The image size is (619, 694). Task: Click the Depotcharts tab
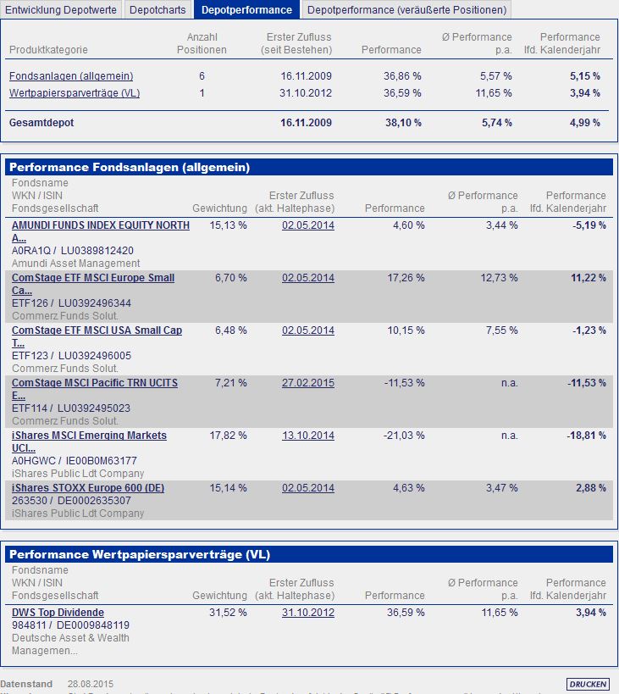(158, 10)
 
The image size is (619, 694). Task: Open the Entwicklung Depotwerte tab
(61, 10)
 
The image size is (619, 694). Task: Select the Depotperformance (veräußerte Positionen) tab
(406, 10)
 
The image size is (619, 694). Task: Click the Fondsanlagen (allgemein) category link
(58, 76)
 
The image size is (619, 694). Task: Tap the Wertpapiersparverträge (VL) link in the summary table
(74, 92)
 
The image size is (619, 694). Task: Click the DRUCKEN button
(588, 684)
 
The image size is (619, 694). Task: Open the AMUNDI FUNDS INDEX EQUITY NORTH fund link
(100, 225)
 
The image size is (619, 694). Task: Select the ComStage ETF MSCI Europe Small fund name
(92, 278)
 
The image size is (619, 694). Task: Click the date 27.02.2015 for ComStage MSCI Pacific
(307, 383)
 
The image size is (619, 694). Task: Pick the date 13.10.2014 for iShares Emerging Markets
(307, 436)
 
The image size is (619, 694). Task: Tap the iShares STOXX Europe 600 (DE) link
(88, 488)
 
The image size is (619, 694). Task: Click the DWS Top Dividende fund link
(58, 613)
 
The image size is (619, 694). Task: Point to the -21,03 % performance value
(402, 436)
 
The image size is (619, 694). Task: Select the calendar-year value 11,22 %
(589, 278)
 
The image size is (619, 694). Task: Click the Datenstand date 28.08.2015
(90, 684)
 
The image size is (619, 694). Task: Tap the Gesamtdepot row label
(41, 123)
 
